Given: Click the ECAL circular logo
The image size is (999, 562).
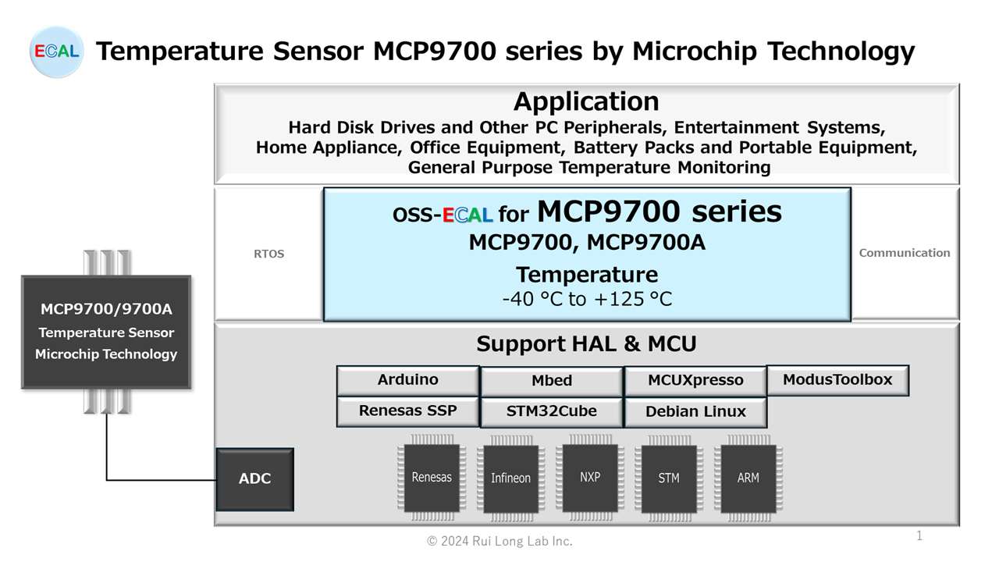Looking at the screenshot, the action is pos(56,52).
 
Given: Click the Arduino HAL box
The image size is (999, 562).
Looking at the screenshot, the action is pos(407,380).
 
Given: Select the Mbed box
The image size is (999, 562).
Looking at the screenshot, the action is pos(552,381).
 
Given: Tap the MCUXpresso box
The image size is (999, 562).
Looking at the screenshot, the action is pos(695,381).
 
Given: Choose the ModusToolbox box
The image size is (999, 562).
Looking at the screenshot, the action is pos(837,380).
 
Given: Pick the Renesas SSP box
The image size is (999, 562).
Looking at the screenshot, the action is pos(407,411).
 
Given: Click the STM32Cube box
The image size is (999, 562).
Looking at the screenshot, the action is pos(552,411).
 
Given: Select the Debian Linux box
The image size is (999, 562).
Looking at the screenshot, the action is pos(695,412).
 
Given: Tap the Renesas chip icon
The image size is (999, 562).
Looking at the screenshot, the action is pos(432,478).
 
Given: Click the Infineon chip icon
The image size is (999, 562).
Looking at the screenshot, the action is pos(511,478).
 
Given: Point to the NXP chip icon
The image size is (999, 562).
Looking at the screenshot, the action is pos(590,477).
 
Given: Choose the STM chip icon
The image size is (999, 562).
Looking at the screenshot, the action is pos(669,478).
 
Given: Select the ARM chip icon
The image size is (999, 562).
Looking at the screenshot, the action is pos(748,478).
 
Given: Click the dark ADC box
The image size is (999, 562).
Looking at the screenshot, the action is pos(254,479).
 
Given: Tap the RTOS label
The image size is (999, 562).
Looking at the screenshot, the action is pos(269,254).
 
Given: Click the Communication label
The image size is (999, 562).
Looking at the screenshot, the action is pos(905,253).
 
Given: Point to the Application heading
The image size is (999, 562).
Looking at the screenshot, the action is pos(586,101).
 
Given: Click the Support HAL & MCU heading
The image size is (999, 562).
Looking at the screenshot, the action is pos(586,343).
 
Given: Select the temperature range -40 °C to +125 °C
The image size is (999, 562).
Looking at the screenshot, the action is pos(586,299).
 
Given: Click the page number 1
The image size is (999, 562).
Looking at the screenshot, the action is pos(919,535).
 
